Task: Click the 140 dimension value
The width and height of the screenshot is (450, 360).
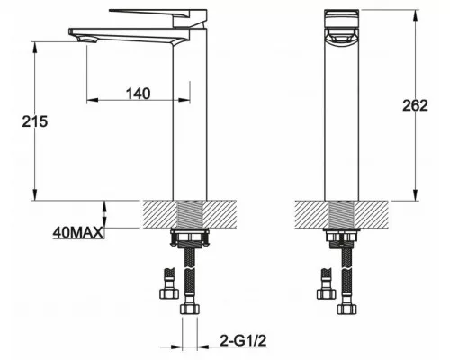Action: point(138,94)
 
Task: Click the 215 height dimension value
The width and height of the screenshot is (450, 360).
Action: point(35,121)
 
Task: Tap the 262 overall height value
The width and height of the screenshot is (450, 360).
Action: point(415,105)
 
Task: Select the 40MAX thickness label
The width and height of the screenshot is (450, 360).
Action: point(78,232)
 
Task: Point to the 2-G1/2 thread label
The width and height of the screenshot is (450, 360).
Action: point(243,340)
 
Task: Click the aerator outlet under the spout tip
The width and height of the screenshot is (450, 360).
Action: point(87,40)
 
